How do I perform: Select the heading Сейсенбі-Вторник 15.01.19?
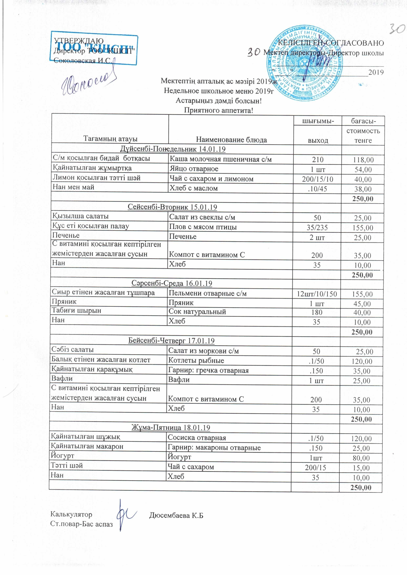[172, 207]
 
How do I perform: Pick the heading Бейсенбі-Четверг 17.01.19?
[171, 341]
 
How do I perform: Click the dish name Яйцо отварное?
[194, 169]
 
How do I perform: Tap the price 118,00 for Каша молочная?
[363, 160]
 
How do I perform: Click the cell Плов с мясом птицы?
[203, 227]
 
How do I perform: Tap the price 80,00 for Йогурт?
[361, 458]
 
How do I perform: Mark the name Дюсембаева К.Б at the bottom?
[176, 515]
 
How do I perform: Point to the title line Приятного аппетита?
[219, 110]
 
